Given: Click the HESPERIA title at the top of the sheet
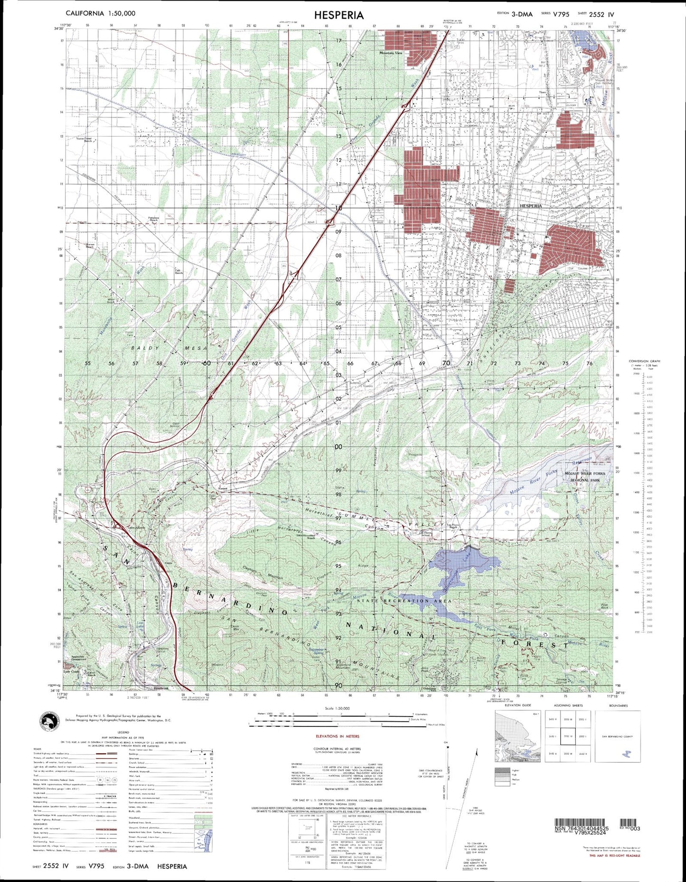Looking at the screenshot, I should click(338, 15).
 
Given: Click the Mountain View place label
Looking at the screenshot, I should click(391, 53).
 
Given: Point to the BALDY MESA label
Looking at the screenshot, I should click(170, 348).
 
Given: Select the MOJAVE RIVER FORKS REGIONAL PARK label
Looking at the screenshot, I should click(585, 477).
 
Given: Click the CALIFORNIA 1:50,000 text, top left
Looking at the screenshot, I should click(100, 13).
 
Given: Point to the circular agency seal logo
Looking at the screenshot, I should click(51, 722).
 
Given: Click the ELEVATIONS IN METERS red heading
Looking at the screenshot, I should click(338, 736).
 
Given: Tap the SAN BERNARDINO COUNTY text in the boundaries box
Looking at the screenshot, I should click(617, 736).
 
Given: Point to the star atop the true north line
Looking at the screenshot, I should click(446, 747).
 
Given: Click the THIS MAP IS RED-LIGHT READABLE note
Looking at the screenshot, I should click(614, 855).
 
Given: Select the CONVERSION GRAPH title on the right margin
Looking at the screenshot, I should click(644, 361).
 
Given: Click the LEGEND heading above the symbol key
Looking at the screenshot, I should click(123, 732).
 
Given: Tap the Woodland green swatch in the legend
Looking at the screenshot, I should click(202, 818).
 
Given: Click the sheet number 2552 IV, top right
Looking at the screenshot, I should click(601, 14).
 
